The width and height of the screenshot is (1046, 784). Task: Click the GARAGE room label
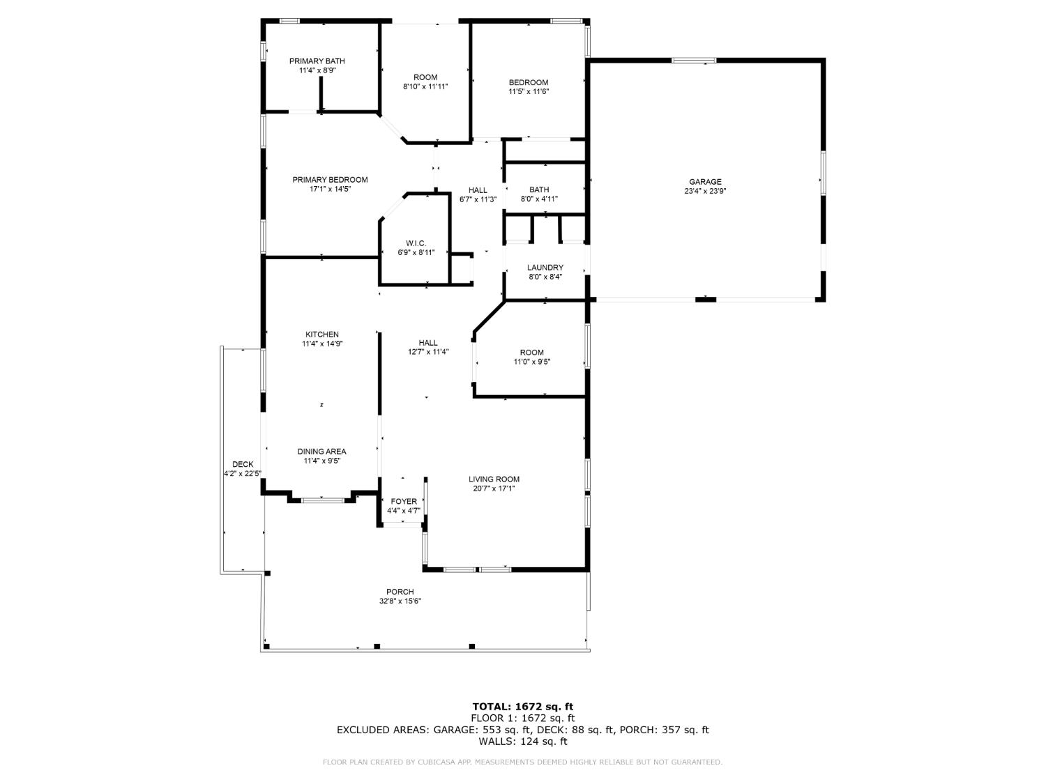click(x=705, y=182)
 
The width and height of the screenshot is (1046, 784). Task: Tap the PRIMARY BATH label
click(x=317, y=61)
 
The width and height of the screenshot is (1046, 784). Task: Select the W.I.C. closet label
click(x=416, y=243)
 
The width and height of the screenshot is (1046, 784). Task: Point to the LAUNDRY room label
click(x=545, y=268)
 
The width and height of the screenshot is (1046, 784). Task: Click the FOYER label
click(x=404, y=502)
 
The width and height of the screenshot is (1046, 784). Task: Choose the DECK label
click(x=243, y=465)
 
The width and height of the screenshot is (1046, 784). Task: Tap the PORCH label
click(x=400, y=592)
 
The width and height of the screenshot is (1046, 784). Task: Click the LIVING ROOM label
click(x=494, y=479)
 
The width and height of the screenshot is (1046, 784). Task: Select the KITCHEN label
click(x=321, y=335)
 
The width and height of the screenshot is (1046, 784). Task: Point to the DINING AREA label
click(x=321, y=452)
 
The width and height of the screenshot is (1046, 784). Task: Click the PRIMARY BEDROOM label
click(x=330, y=180)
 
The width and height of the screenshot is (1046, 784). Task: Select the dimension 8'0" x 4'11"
click(x=539, y=199)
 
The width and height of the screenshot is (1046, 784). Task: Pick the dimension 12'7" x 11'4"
click(x=428, y=352)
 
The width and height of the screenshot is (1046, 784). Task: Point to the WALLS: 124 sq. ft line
click(x=522, y=741)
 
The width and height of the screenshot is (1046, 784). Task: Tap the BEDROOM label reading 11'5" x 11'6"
click(x=528, y=82)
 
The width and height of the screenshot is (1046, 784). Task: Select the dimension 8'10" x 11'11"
click(x=425, y=86)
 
